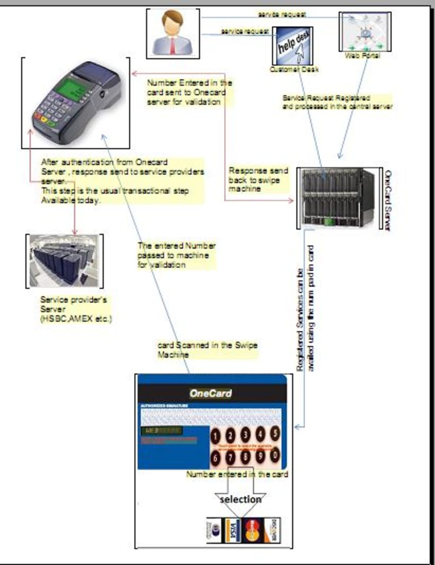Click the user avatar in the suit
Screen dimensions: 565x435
pos(173,33)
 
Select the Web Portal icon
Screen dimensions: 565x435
pos(365,32)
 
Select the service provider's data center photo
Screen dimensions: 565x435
pos(64,261)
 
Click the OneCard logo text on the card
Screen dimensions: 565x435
pos(211,393)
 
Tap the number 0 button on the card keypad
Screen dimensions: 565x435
pos(274,455)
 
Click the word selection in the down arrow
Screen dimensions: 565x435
pos(241,499)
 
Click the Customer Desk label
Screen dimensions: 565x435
pos(294,69)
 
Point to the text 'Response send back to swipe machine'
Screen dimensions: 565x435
pos(258,180)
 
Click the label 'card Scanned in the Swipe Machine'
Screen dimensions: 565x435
pos(207,350)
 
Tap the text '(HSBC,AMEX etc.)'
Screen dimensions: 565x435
pos(76,319)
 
